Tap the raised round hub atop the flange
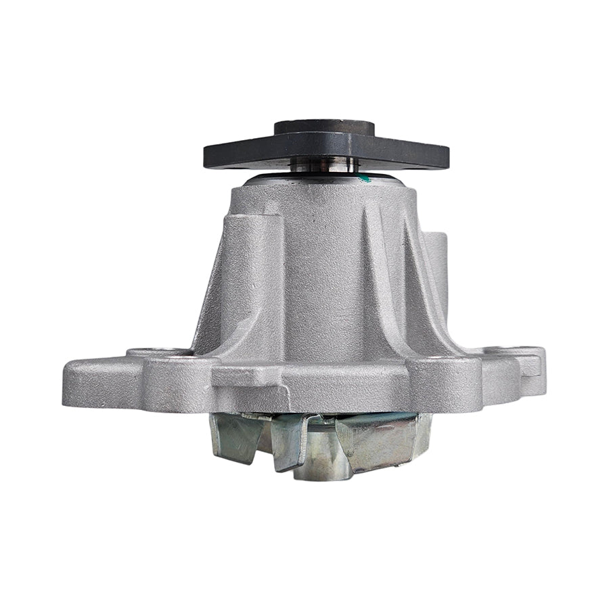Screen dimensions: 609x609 pyautogui.click(x=325, y=128)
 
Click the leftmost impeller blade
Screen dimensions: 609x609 pyautogui.click(x=233, y=436)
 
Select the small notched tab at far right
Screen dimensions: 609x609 pyautogui.click(x=531, y=366)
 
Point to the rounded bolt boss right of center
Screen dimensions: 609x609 pyautogui.click(x=443, y=382)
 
